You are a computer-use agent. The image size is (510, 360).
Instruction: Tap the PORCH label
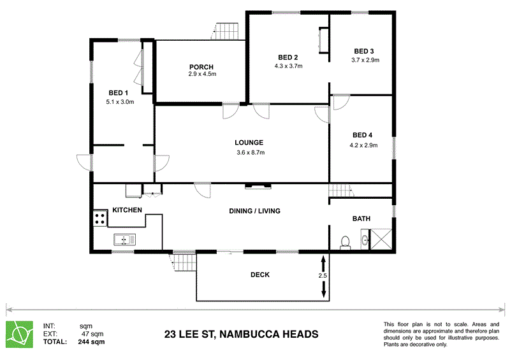click(x=201, y=67)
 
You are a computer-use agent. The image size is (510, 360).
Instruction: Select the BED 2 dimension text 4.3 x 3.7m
click(x=288, y=66)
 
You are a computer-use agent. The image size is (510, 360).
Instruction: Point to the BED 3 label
click(x=365, y=52)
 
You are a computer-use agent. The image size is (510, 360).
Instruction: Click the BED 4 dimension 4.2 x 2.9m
click(x=364, y=145)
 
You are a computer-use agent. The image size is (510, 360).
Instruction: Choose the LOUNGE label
click(x=249, y=143)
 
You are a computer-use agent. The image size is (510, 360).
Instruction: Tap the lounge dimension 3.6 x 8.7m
click(x=249, y=152)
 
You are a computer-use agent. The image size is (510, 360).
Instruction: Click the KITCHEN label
click(x=127, y=210)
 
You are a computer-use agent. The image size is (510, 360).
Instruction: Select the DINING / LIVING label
click(x=255, y=212)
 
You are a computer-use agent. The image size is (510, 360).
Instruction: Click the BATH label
click(x=361, y=219)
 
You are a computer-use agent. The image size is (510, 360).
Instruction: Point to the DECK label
click(x=260, y=275)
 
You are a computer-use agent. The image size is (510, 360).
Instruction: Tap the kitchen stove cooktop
click(x=100, y=218)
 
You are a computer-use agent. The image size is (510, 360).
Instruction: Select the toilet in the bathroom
click(x=345, y=242)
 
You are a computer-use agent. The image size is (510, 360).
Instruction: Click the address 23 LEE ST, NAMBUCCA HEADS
click(x=242, y=334)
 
